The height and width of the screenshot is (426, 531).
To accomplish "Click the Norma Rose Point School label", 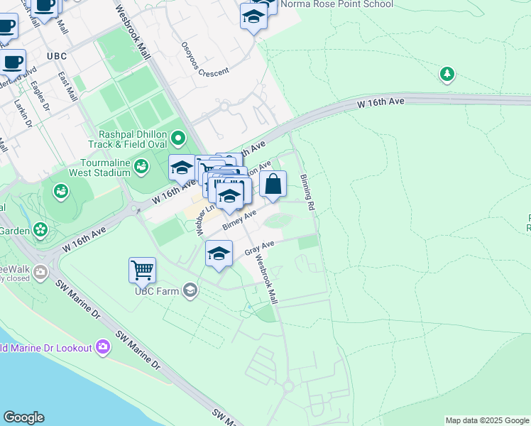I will pos(336,4).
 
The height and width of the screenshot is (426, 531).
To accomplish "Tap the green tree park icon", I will pos(447,74).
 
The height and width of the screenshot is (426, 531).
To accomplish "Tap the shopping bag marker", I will pos(273,185).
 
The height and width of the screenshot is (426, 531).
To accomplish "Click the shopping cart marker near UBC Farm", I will pos(143,271).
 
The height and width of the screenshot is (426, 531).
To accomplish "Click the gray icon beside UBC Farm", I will pos(190,290).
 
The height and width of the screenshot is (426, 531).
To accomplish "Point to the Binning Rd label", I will pos(307,192).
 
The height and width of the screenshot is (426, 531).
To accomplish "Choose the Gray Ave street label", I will pos(259,248).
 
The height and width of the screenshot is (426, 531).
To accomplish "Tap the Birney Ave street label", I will pos(239,220).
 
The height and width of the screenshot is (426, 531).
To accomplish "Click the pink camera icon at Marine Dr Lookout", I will pos(104,347).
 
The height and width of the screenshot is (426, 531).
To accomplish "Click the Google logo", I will pos(23,417).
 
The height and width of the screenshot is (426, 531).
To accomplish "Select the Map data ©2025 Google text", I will pos(487,420).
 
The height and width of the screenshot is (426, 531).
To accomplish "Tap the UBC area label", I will pos(56,55).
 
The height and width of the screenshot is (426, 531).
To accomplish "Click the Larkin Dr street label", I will pos(23,113).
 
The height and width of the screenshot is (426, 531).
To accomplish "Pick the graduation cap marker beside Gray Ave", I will pos(219,254).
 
